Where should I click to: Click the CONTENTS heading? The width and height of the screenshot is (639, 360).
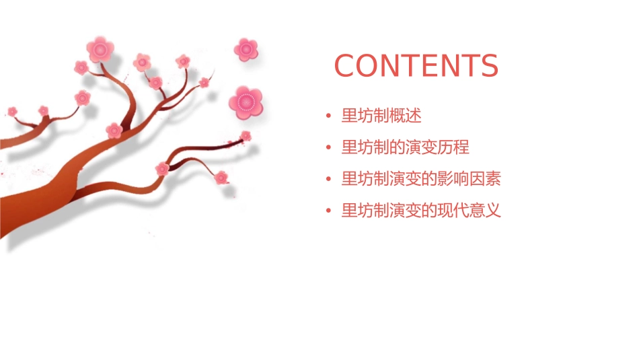pos(416,66)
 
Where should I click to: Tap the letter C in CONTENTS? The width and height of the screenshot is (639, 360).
pos(346,66)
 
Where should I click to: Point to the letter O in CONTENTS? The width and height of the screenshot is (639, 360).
pos(369,66)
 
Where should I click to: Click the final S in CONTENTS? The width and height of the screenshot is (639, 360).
pos(489,66)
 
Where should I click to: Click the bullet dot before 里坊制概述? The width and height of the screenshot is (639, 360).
pos(328,116)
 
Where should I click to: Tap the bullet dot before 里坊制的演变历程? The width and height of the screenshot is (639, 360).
pos(328,148)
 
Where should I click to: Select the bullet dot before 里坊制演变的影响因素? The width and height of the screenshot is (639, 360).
pos(328,180)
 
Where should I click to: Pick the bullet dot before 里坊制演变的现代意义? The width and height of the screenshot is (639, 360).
pos(328,211)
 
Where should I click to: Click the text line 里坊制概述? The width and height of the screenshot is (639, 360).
pos(381,116)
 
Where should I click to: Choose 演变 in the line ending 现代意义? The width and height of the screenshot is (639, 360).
pos(406,211)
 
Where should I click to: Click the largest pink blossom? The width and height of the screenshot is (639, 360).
pos(246,102)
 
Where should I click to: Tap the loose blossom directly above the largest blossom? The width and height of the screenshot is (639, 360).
pos(246,49)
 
